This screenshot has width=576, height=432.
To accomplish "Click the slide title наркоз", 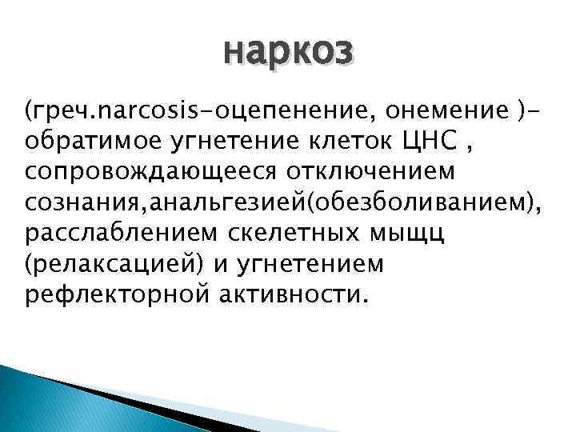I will pyautogui.click(x=287, y=53).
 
